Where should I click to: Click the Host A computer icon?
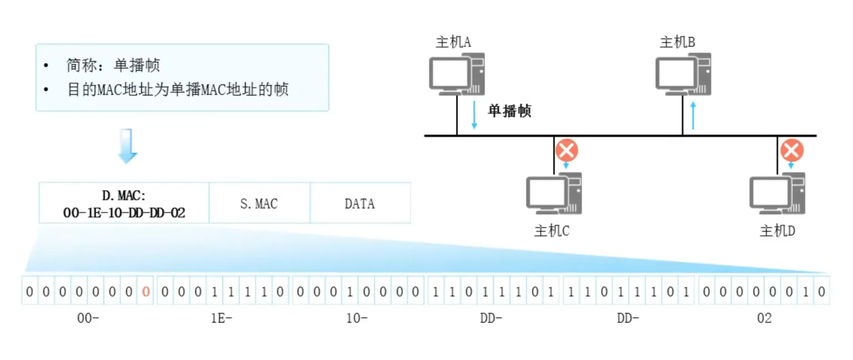tap(457, 74)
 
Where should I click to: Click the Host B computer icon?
tap(683, 74)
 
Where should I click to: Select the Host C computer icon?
tap(554, 193)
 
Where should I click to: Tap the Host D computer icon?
tap(777, 193)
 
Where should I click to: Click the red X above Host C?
tap(567, 150)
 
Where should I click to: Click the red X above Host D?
tap(792, 150)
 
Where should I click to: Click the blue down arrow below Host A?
tap(474, 115)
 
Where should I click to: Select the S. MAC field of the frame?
tap(259, 203)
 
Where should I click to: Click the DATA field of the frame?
tap(360, 203)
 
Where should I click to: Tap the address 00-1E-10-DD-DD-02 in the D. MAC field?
tap(124, 213)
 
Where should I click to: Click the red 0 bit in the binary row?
tap(146, 291)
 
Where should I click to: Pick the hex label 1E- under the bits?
tap(221, 318)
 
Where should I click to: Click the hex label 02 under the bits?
tap(764, 318)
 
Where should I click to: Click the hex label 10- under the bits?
tap(356, 318)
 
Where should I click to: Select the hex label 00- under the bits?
tap(88, 318)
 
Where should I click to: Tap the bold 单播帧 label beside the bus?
tap(509, 111)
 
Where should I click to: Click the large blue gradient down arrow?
tap(127, 146)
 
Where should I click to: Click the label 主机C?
tap(551, 231)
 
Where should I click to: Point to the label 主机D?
tap(777, 231)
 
